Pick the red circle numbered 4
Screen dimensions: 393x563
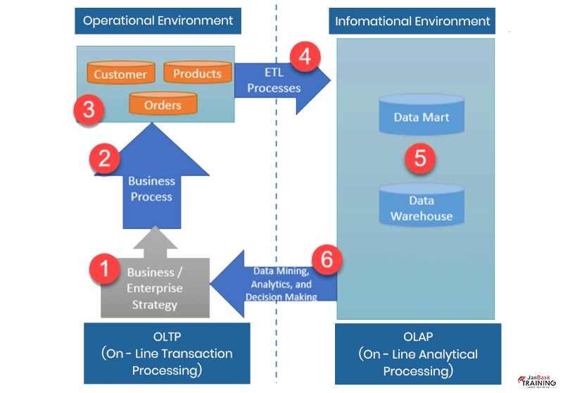(x=304, y=56)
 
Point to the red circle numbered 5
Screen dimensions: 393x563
(x=420, y=157)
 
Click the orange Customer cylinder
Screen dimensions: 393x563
(x=120, y=73)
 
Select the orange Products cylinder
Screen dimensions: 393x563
(x=197, y=73)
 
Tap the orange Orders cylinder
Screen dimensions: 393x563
(x=163, y=105)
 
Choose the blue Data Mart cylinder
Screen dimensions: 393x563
(x=421, y=116)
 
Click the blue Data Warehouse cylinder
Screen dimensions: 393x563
(x=422, y=207)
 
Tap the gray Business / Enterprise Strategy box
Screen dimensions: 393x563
(x=155, y=289)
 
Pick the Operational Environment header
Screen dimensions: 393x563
(x=158, y=20)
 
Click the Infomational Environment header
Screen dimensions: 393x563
(x=412, y=21)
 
